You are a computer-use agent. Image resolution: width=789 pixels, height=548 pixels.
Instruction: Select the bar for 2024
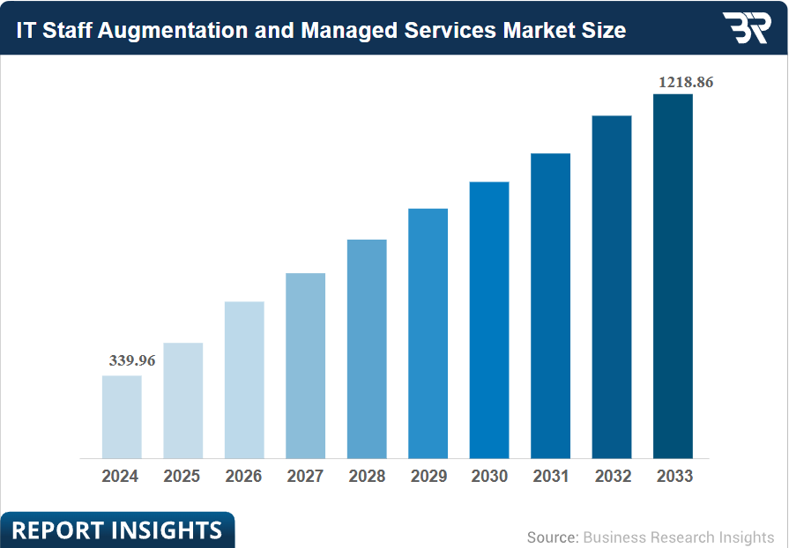click(122, 417)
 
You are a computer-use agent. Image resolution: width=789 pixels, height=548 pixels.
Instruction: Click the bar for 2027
click(306, 366)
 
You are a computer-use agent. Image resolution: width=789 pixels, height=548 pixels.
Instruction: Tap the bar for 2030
click(489, 320)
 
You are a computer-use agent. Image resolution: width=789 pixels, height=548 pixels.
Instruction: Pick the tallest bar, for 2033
click(673, 276)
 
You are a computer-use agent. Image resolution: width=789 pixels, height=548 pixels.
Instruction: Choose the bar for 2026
click(244, 380)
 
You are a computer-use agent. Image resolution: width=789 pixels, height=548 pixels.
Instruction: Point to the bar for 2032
click(612, 286)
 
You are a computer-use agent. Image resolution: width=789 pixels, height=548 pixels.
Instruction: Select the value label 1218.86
click(686, 82)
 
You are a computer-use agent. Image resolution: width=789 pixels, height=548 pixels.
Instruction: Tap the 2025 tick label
click(182, 477)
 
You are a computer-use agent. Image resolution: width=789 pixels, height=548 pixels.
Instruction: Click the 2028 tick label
click(367, 477)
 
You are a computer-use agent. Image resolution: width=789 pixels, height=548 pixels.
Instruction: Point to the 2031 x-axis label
click(551, 477)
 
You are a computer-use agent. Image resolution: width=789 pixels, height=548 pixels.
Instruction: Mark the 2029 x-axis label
click(428, 477)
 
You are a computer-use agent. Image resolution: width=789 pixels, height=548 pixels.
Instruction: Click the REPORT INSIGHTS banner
click(116, 530)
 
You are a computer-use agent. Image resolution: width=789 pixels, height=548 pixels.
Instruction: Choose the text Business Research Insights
click(678, 537)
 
